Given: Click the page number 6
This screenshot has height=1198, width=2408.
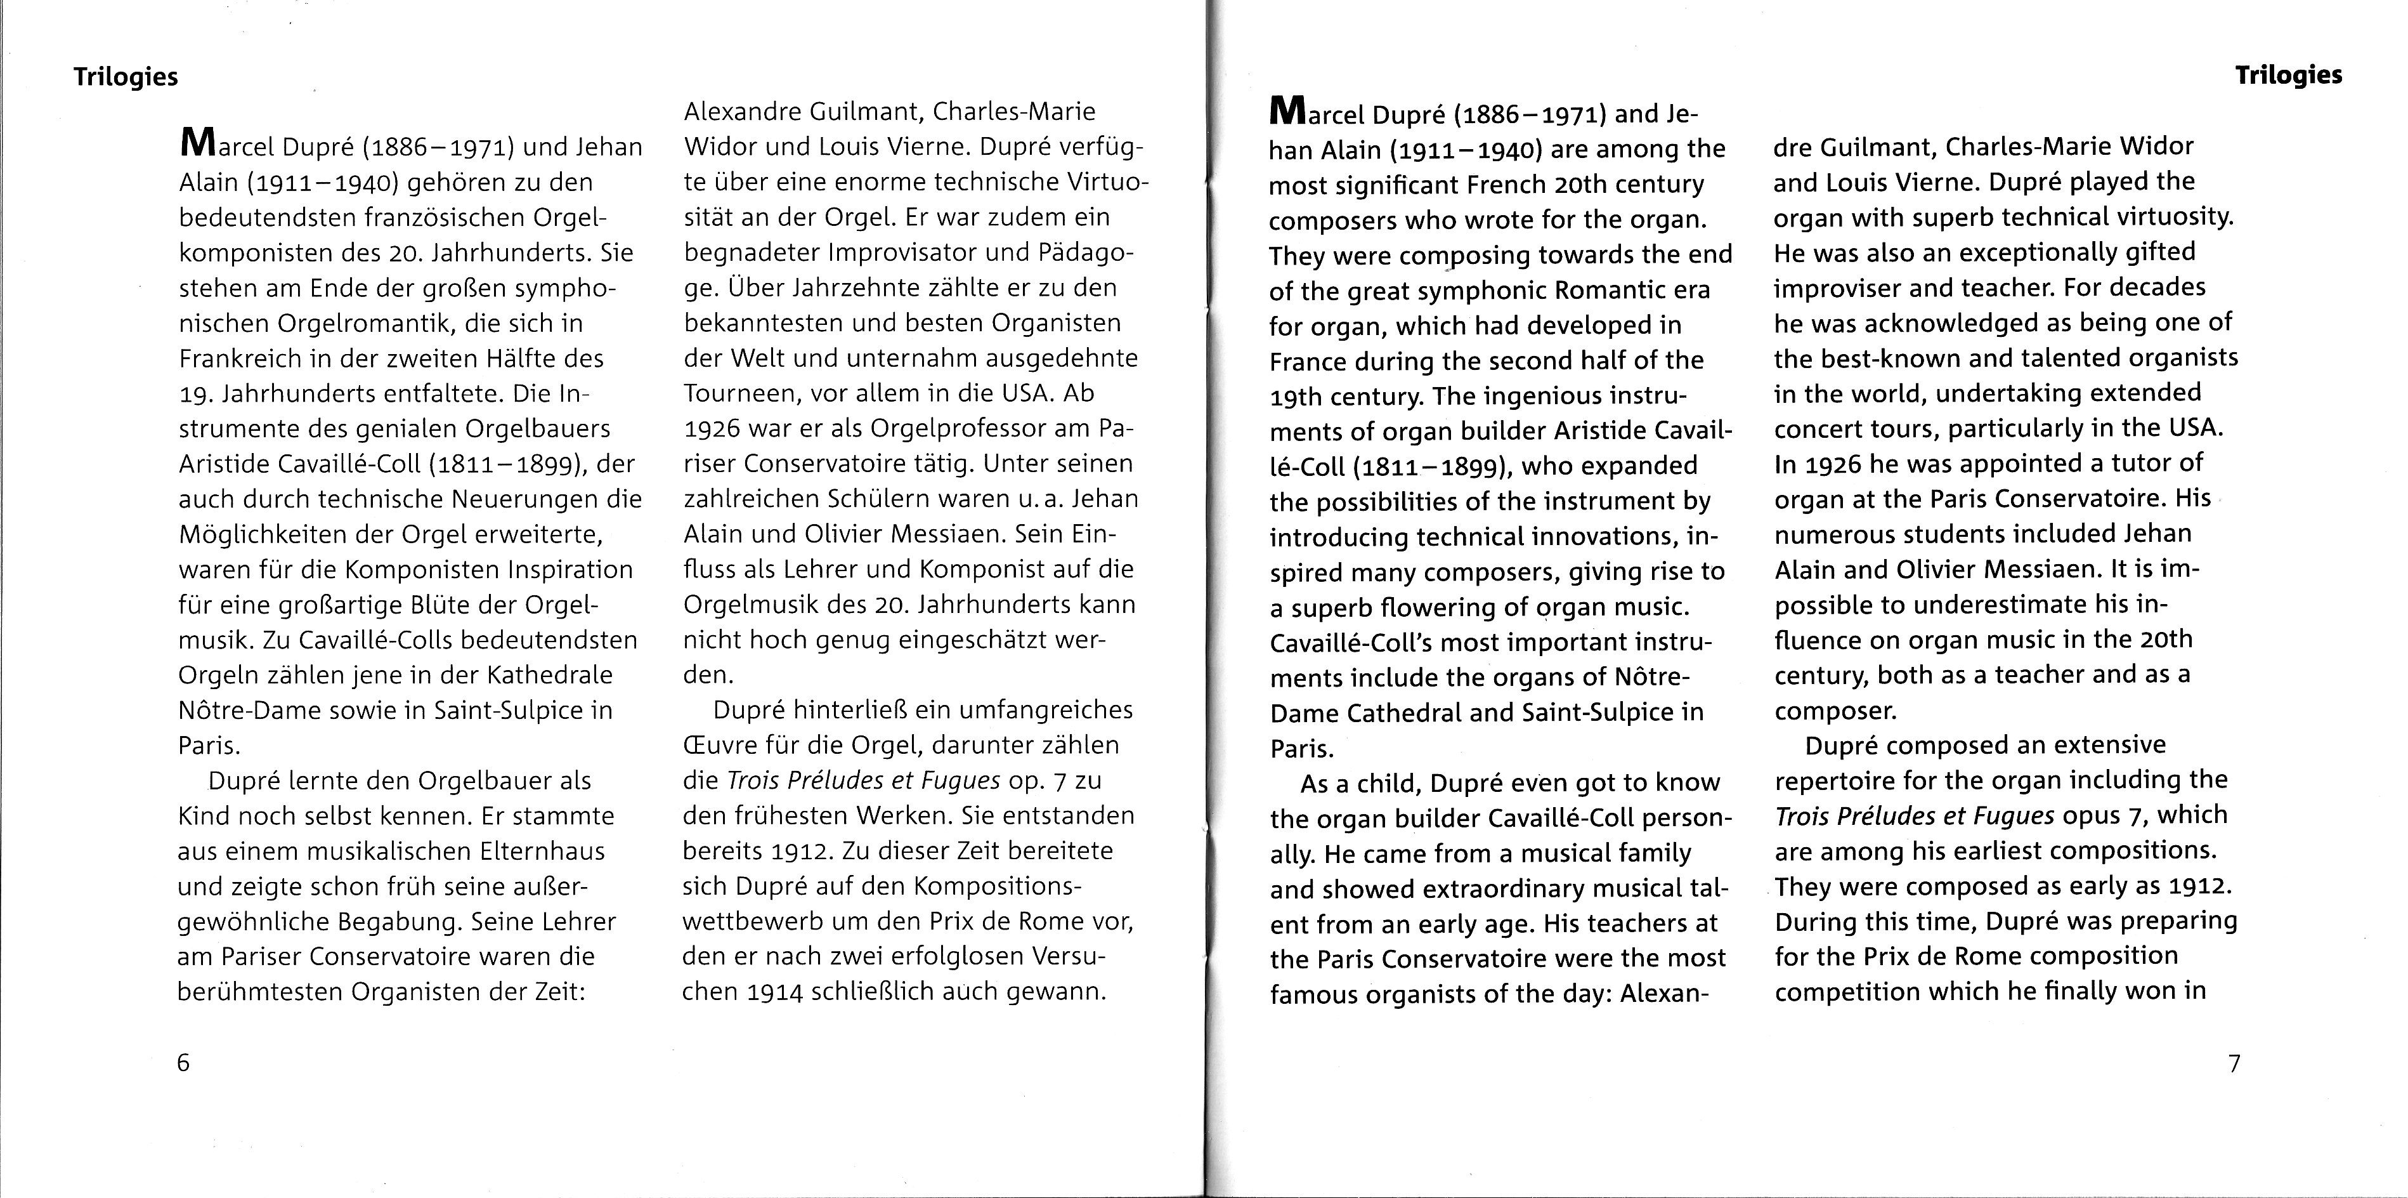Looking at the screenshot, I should [183, 1062].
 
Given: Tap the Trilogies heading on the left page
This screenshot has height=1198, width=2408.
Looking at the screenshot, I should [126, 77].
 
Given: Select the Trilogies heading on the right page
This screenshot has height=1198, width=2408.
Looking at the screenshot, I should [2288, 75].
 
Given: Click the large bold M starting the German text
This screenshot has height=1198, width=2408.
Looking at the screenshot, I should [197, 145].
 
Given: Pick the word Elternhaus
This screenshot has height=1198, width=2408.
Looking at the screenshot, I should [542, 851].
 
